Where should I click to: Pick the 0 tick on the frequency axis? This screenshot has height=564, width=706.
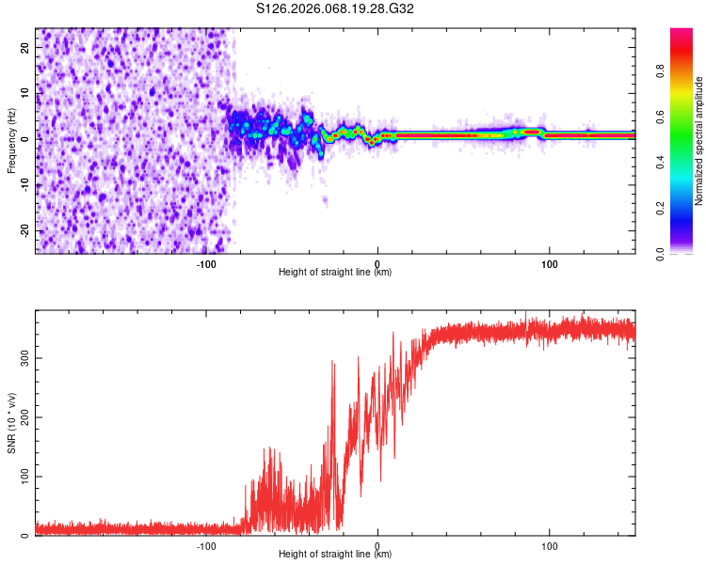[x=28, y=138]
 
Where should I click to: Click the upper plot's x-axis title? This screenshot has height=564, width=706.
[x=335, y=273]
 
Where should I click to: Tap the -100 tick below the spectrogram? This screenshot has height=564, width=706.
[x=206, y=263]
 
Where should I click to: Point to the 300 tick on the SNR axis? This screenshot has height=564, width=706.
[x=22, y=358]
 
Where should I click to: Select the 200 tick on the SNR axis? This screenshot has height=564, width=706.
[x=22, y=417]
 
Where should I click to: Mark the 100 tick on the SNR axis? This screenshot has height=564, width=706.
[x=22, y=477]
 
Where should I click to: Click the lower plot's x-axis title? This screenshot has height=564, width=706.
[x=335, y=555]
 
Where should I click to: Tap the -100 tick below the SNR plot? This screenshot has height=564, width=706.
[x=206, y=545]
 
